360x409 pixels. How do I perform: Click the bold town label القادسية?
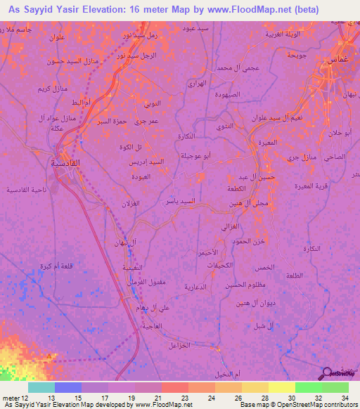(68, 162)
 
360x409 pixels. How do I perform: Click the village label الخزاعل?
(180, 345)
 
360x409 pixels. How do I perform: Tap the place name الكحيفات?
(220, 264)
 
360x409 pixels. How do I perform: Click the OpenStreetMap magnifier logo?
(326, 373)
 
